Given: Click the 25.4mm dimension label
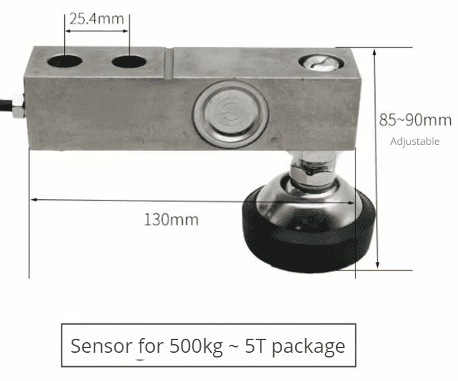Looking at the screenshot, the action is click(x=96, y=19).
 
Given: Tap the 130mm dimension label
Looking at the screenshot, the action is click(x=171, y=220).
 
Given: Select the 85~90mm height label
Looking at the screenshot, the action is click(x=415, y=120).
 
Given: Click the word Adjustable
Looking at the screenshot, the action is click(x=414, y=142).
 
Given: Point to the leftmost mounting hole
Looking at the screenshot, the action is click(x=64, y=62).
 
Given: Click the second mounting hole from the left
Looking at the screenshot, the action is click(x=129, y=62).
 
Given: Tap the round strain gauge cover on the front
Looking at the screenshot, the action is click(x=230, y=114).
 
